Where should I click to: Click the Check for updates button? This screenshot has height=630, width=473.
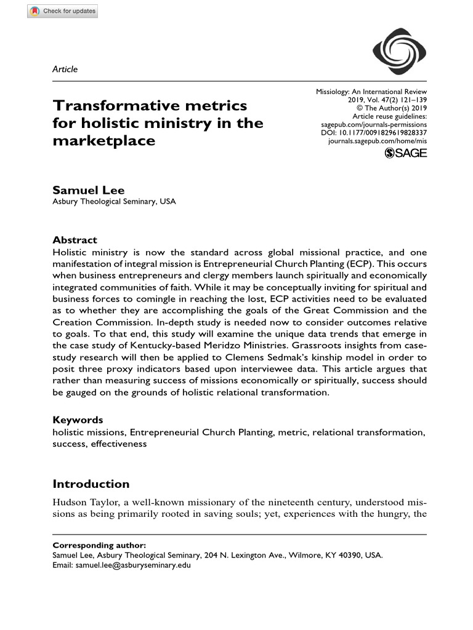[x=62, y=11]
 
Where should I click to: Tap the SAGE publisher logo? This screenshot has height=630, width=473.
[x=405, y=153]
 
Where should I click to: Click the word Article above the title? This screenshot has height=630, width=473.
[x=65, y=69]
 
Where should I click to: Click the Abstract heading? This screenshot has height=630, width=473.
[x=75, y=240]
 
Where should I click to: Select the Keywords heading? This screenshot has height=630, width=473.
[x=78, y=420]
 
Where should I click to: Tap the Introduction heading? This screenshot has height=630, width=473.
[x=91, y=484]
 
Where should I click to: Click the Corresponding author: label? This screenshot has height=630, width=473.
[x=99, y=545]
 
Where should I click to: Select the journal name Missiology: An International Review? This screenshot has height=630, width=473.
[x=371, y=91]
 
